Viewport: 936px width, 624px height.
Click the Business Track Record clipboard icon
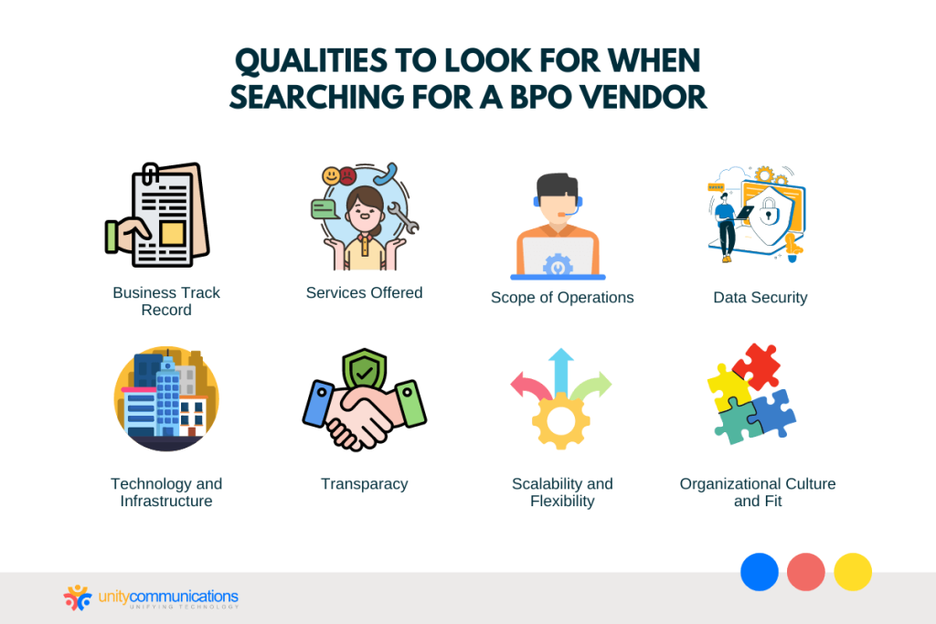pos(158,216)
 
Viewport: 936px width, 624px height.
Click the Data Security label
pos(760,298)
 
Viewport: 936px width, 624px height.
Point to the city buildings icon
pos(166,398)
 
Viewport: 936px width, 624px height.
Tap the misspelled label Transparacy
pos(364,484)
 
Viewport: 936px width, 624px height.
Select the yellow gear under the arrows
pos(560,420)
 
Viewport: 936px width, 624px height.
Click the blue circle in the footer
pos(759,572)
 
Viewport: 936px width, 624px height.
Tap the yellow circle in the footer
pos(853,572)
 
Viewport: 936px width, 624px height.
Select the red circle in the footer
pos(806,572)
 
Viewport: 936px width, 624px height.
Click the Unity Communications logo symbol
pos(77,598)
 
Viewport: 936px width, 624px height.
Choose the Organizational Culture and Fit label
pos(758,492)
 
